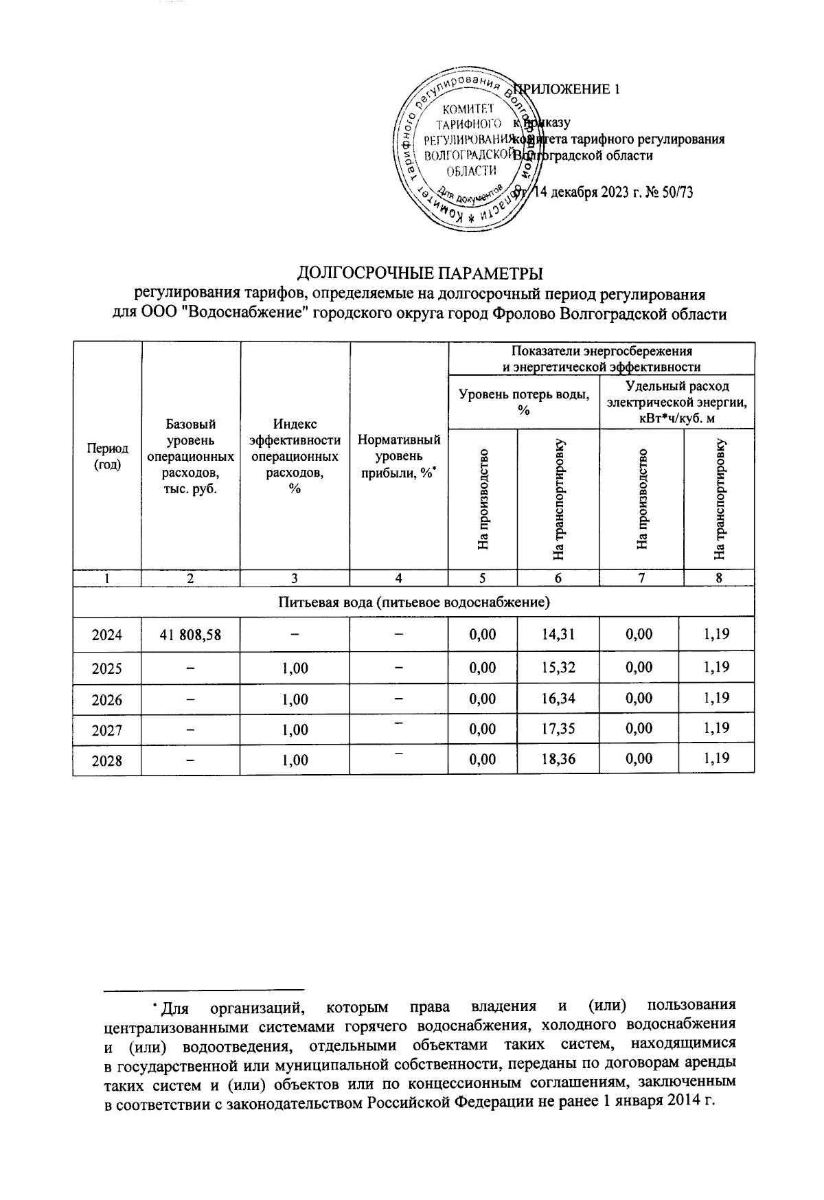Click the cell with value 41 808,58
tap(190, 635)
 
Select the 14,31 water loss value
tap(558, 635)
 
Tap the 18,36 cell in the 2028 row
tap(558, 759)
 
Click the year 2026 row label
tap(106, 699)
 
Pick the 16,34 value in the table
tap(558, 699)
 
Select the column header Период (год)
tap(106, 456)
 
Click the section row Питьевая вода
tap(413, 602)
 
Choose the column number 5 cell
tap(483, 578)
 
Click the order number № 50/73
tap(669, 192)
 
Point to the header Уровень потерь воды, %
tap(523, 401)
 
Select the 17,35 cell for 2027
tap(558, 728)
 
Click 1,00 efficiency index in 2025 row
tap(295, 667)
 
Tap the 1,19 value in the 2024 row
tap(716, 635)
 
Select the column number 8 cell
tap(719, 578)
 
